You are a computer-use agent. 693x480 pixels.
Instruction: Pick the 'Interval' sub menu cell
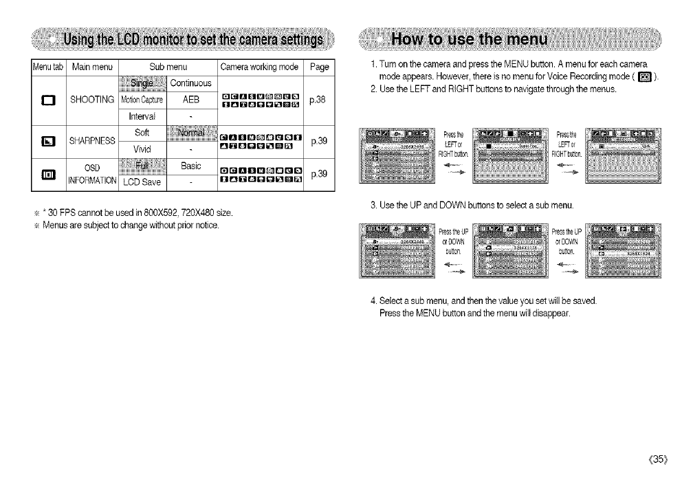[142, 115]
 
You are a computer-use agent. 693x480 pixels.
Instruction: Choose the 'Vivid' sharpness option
[142, 146]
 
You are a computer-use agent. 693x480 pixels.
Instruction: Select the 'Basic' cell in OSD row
[188, 165]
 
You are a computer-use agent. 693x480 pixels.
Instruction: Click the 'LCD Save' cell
[142, 181]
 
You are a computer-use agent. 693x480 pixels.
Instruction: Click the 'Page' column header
[319, 67]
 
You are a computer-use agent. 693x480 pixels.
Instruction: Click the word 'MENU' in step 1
[529, 67]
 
